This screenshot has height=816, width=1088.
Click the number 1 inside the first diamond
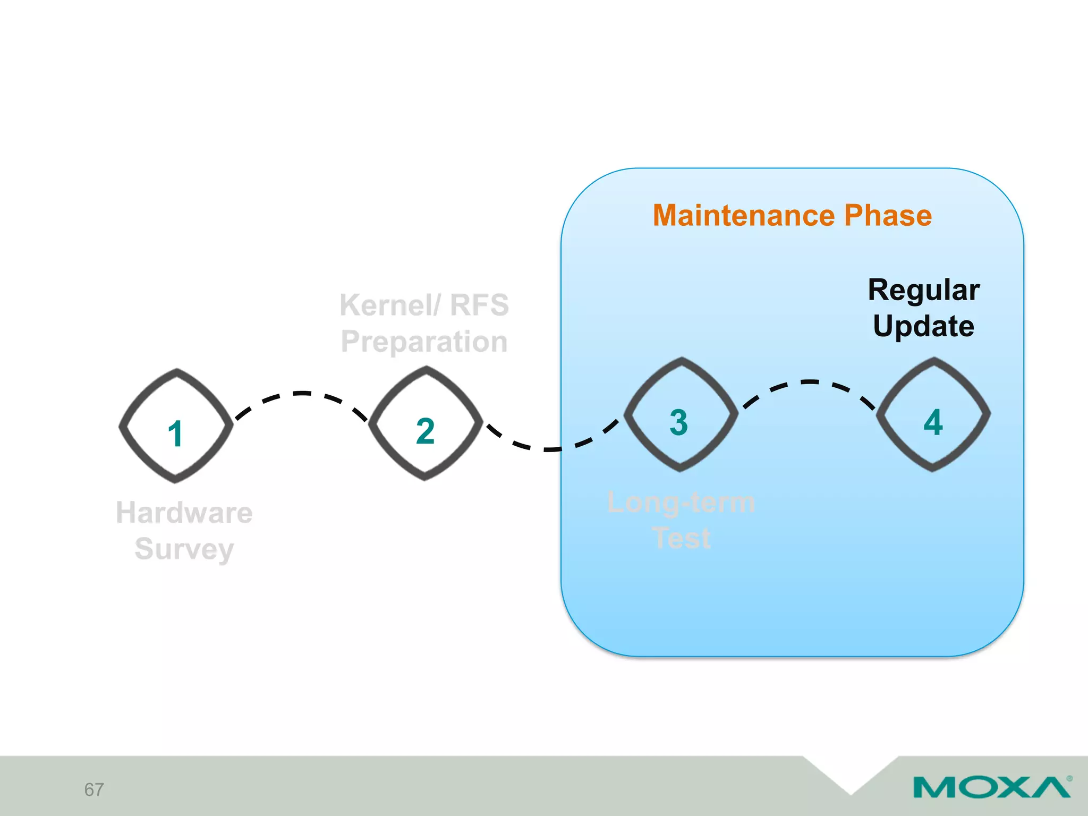[x=175, y=434]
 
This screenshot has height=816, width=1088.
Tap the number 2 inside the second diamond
[x=425, y=431]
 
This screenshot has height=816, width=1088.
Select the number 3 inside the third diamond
[x=679, y=422]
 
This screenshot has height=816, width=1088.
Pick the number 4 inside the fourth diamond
[x=933, y=422]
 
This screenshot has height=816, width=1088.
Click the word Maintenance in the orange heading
[x=744, y=216]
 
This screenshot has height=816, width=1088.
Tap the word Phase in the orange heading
[x=888, y=216]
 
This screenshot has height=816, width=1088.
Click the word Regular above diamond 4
[x=923, y=290]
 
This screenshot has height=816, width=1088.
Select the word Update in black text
[x=923, y=326]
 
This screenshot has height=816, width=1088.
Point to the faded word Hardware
[x=184, y=513]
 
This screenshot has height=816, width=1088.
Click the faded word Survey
[x=184, y=549]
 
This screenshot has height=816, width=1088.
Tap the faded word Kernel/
[x=390, y=305]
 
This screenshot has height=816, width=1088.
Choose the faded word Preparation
[x=424, y=342]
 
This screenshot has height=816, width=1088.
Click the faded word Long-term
[x=681, y=503]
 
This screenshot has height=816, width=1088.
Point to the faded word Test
[x=681, y=538]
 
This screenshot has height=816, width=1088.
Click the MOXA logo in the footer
[x=991, y=787]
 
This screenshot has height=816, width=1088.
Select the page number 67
[x=94, y=789]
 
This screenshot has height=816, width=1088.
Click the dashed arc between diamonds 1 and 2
[x=302, y=394]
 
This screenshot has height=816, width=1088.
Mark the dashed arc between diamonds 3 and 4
[x=809, y=382]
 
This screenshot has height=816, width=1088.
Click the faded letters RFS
[x=479, y=305]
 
